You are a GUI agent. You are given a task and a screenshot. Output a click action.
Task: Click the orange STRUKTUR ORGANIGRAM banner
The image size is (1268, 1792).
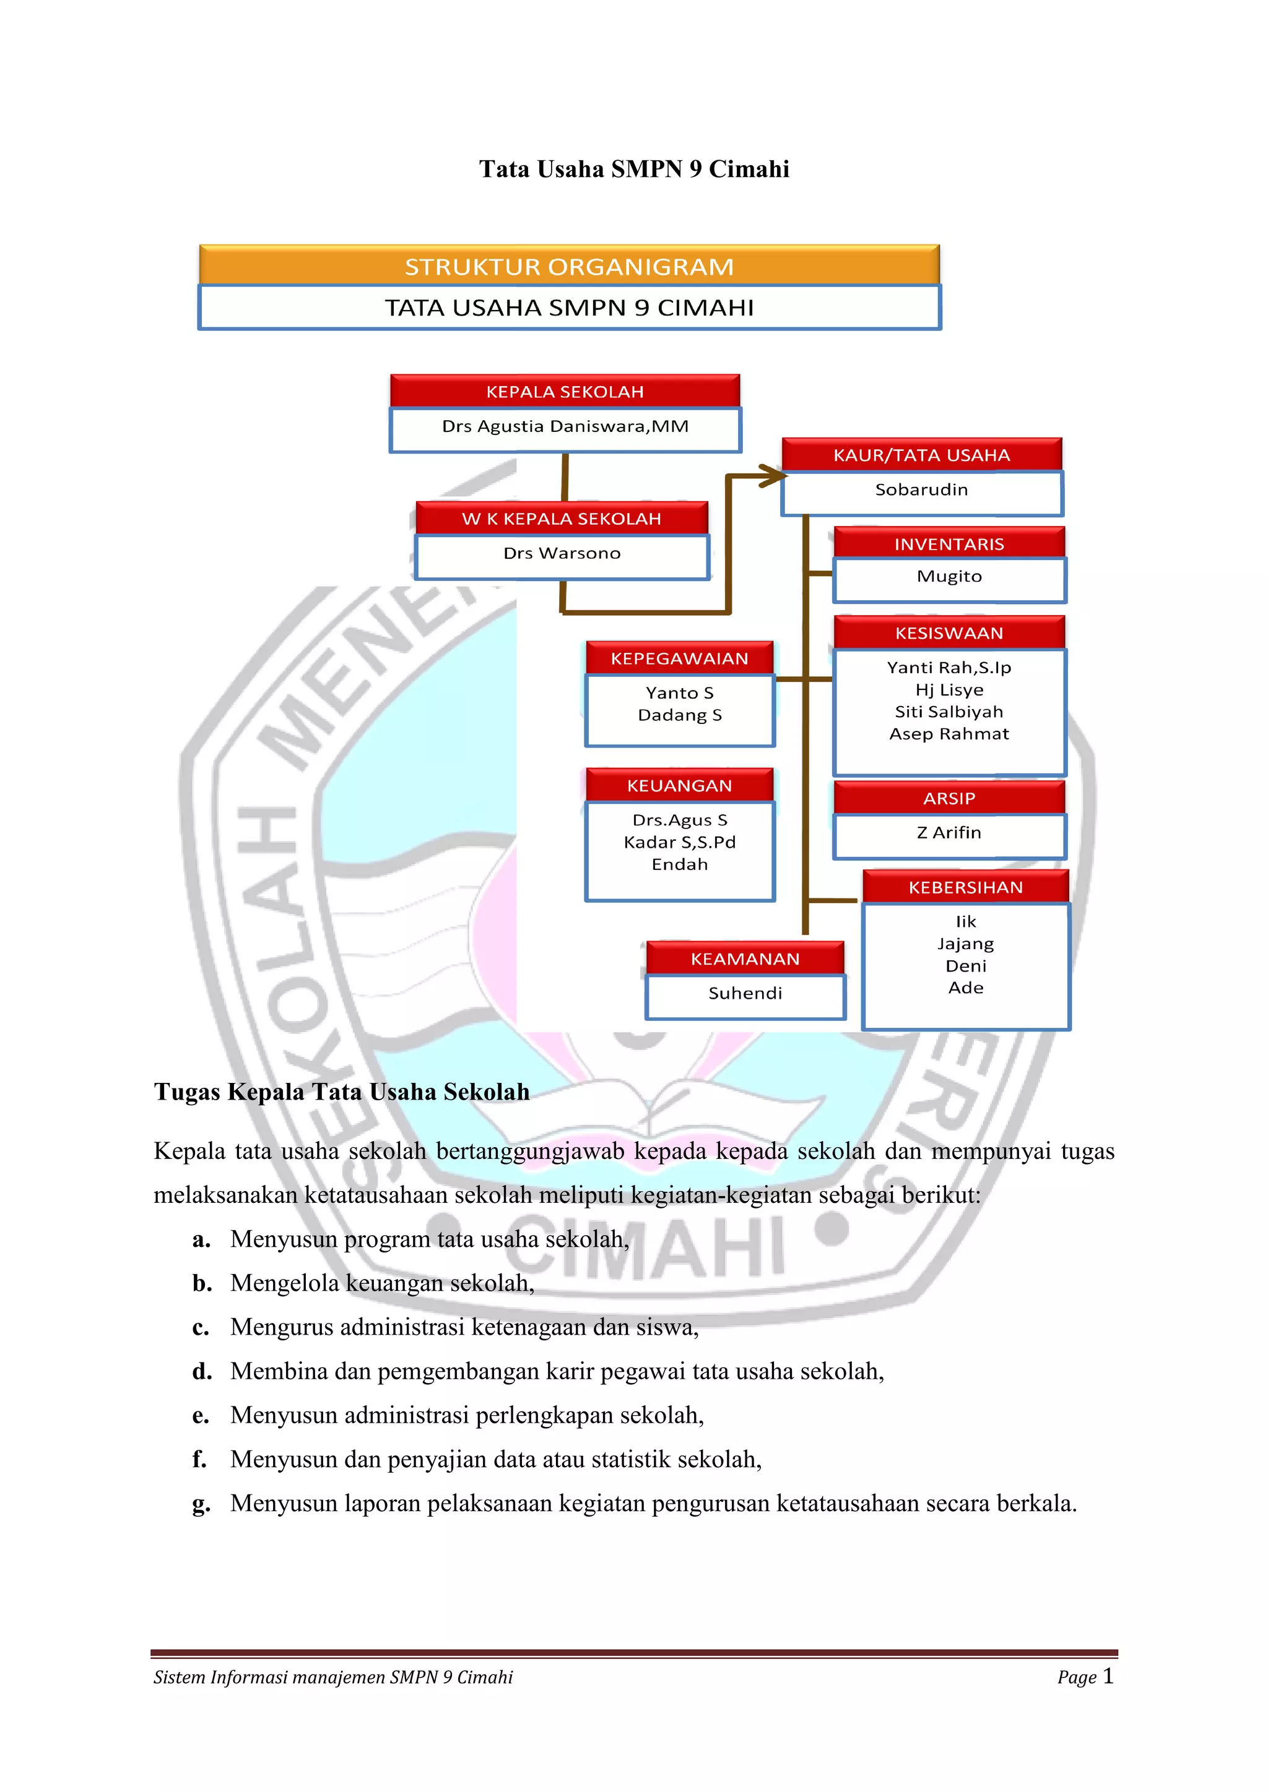(x=568, y=266)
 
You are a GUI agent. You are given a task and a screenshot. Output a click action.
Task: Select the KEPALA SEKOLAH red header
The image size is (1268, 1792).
(x=565, y=392)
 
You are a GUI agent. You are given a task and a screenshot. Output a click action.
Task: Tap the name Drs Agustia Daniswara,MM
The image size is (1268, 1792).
(x=565, y=426)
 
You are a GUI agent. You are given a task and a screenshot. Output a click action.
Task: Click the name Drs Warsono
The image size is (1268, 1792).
(x=562, y=553)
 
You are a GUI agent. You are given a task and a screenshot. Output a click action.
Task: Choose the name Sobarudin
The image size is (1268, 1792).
(x=921, y=490)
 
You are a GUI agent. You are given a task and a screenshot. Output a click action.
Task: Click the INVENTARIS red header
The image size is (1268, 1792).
(x=949, y=544)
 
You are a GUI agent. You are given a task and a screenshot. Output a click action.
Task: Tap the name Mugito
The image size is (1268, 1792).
(x=949, y=577)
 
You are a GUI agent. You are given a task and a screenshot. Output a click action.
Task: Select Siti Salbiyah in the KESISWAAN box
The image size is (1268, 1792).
(x=949, y=712)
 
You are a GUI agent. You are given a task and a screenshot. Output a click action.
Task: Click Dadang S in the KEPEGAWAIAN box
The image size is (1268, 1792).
(x=679, y=715)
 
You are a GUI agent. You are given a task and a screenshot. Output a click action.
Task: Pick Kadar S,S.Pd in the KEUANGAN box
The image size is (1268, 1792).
(x=679, y=842)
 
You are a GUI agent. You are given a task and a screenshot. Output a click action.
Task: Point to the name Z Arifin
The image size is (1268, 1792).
(x=949, y=833)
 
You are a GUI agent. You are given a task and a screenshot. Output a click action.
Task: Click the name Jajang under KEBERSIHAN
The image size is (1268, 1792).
(x=965, y=944)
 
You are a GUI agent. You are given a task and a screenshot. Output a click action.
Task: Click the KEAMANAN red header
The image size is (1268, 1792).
(x=745, y=959)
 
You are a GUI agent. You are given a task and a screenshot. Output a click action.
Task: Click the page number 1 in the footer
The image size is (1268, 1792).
(x=1108, y=1676)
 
